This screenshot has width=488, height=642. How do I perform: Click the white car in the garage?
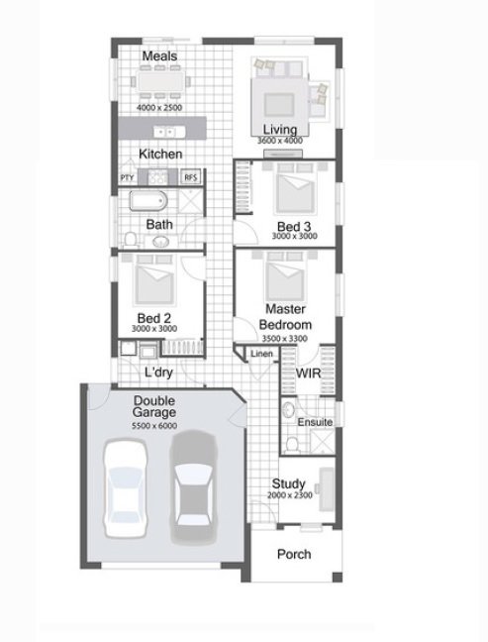(x=125, y=488)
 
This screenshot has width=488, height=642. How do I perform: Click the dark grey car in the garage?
(x=194, y=487)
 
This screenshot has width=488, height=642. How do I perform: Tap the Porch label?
(x=294, y=554)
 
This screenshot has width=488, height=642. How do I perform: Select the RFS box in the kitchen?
(x=191, y=177)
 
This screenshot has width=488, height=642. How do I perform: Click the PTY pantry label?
(x=128, y=177)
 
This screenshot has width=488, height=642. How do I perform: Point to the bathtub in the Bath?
(x=148, y=200)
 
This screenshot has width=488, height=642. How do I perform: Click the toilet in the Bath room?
(x=131, y=239)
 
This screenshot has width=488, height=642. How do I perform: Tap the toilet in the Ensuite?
(x=292, y=444)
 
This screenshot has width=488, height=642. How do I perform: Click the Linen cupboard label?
(x=261, y=354)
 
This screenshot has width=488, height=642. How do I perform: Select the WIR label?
(x=308, y=373)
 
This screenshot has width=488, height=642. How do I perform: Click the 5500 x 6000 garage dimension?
(x=154, y=426)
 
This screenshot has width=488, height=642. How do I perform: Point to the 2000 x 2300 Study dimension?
(x=290, y=495)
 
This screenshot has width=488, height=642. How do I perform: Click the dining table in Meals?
(x=159, y=82)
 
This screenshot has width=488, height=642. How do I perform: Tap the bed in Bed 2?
(x=154, y=281)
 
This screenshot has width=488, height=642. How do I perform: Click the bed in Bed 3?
(x=295, y=189)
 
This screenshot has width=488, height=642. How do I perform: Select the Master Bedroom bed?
(x=285, y=277)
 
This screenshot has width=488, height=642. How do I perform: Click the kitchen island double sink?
(x=169, y=132)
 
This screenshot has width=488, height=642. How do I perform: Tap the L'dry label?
(x=158, y=373)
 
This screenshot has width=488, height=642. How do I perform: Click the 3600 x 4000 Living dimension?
(x=280, y=141)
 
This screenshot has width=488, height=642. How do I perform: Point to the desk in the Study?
(x=327, y=489)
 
